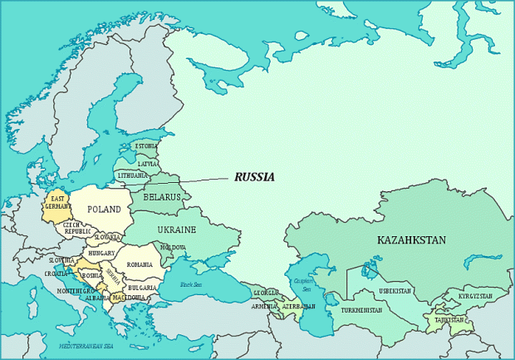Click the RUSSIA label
click(x=254, y=177)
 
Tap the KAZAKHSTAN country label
click(x=411, y=240)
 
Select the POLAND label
click(x=105, y=210)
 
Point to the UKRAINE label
click(x=176, y=229)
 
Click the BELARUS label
click(x=162, y=197)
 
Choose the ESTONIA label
click(x=146, y=146)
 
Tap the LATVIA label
click(x=148, y=164)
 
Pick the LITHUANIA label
click(x=133, y=176)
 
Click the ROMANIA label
click(x=140, y=264)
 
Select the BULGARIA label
click(x=142, y=287)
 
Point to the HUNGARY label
click(x=102, y=253)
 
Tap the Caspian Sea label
click(x=302, y=285)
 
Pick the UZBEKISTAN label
click(x=395, y=291)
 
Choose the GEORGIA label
click(x=266, y=293)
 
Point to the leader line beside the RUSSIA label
click(x=204, y=180)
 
